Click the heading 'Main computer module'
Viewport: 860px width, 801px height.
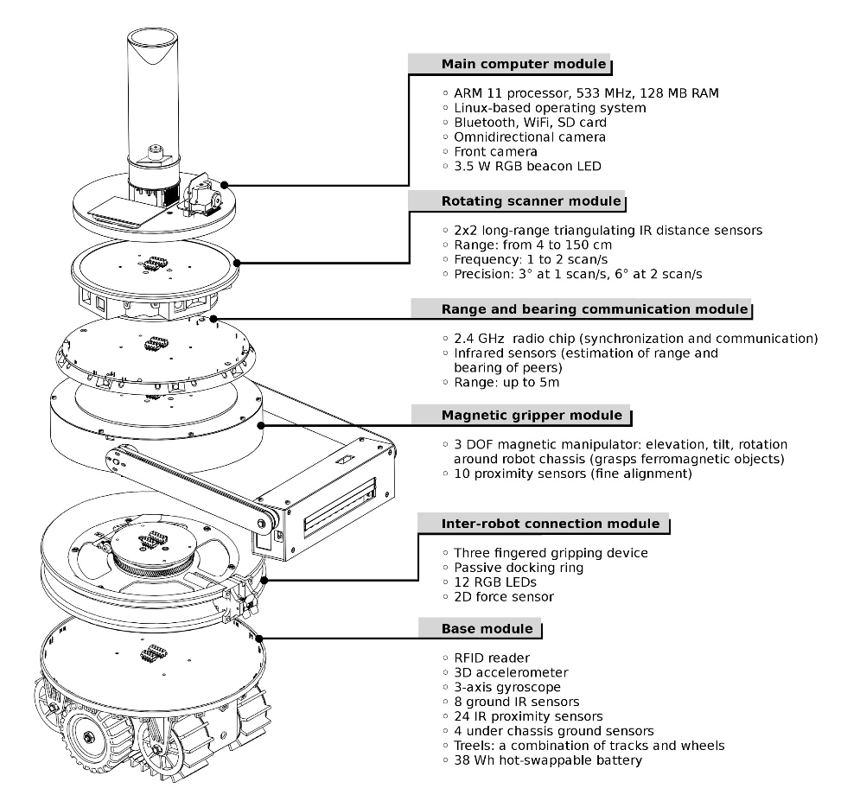click(x=509, y=65)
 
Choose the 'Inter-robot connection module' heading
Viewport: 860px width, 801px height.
click(x=539, y=524)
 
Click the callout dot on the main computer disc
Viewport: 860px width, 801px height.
click(x=224, y=185)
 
